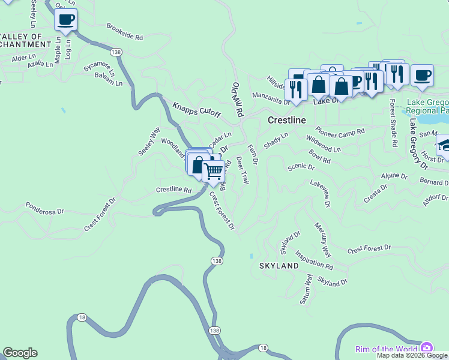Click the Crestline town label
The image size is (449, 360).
click(286, 121)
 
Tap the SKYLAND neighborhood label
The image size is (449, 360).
click(279, 265)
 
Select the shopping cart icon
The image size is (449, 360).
click(214, 171)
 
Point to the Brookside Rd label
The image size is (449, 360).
click(125, 32)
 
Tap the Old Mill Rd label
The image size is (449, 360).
click(238, 99)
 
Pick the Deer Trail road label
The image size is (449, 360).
click(243, 170)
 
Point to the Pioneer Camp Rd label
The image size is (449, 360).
click(340, 132)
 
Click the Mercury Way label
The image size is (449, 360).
click(322, 239)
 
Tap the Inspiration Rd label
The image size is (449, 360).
click(314, 261)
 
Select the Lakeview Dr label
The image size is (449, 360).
click(320, 193)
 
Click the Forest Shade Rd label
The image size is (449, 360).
click(393, 124)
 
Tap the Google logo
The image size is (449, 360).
click(20, 353)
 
